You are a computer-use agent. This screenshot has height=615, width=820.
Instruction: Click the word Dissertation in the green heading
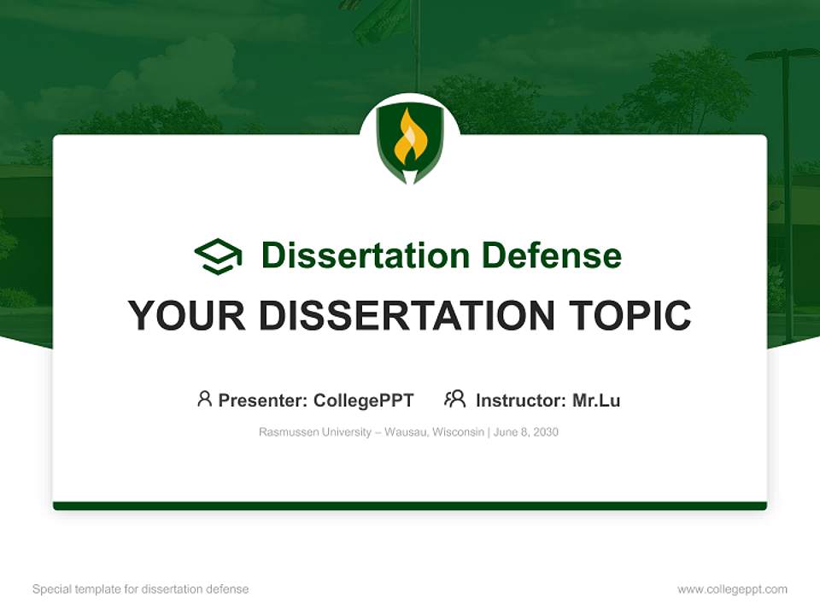click(365, 255)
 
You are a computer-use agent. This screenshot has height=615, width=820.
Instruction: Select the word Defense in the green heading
click(551, 255)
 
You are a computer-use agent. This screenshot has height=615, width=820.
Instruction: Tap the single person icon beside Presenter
click(204, 399)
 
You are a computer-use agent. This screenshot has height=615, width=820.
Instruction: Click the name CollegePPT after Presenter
click(363, 401)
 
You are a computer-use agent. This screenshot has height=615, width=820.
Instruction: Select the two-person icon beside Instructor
click(454, 399)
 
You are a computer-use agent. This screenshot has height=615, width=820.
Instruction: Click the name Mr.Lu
click(596, 401)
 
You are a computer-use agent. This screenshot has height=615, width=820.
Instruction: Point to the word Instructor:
click(520, 401)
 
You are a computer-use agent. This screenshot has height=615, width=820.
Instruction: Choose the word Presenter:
click(263, 401)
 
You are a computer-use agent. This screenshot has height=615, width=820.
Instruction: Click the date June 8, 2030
click(526, 432)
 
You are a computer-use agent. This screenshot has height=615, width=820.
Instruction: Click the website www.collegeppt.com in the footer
click(732, 589)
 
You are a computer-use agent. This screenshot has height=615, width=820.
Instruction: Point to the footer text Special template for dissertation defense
click(141, 589)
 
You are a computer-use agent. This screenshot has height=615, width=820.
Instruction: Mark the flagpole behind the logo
click(417, 43)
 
